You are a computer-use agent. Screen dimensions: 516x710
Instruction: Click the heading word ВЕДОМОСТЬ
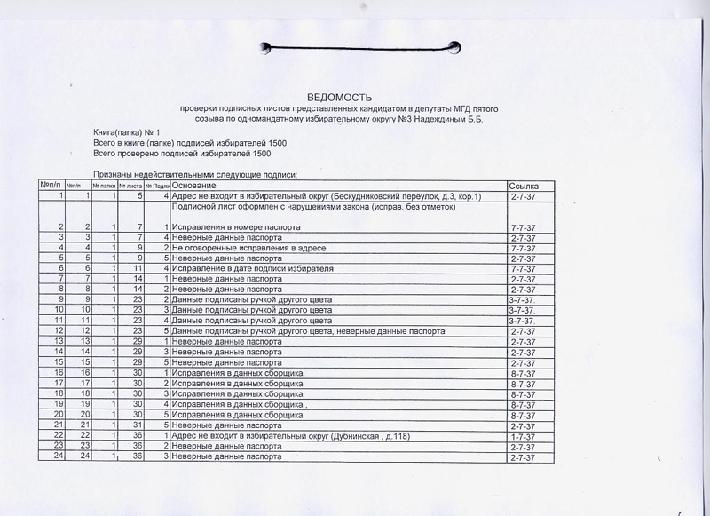pos(341,96)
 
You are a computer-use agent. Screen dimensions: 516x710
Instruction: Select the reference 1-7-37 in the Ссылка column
pos(522,435)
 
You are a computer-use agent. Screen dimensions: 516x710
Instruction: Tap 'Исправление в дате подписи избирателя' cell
pos(253,267)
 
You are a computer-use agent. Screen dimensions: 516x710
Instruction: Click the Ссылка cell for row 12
pos(522,331)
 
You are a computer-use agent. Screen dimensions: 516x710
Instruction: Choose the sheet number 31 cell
pos(136,425)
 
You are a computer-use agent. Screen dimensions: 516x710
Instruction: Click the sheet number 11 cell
pos(136,267)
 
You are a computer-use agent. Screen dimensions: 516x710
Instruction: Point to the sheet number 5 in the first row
pos(139,195)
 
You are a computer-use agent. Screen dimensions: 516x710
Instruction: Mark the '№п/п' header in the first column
pos(49,185)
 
